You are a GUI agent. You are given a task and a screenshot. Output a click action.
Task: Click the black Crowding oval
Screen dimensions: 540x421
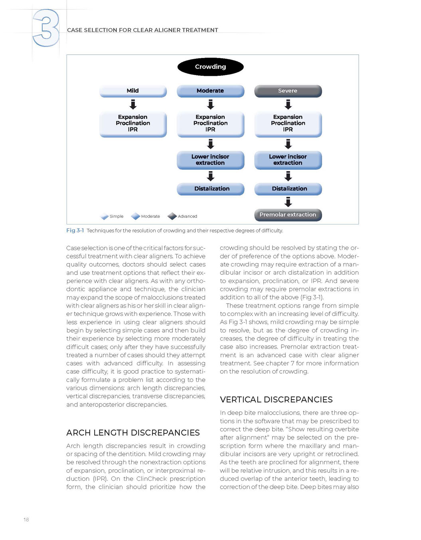pyautogui.click(x=210, y=67)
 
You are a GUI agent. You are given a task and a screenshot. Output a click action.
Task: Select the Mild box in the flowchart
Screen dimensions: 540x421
pyautogui.click(x=133, y=91)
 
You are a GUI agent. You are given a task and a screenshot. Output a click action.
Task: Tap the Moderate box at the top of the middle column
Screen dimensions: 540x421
pyautogui.click(x=210, y=91)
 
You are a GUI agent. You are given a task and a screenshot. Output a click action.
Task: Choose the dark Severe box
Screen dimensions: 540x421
pyautogui.click(x=288, y=91)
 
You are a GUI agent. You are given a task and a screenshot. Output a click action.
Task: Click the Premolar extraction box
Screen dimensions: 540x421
pyautogui.click(x=288, y=215)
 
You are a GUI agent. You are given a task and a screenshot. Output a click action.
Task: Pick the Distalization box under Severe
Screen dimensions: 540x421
pyautogui.click(x=288, y=189)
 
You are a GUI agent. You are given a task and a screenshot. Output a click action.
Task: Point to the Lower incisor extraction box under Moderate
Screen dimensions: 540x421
pyautogui.click(x=210, y=160)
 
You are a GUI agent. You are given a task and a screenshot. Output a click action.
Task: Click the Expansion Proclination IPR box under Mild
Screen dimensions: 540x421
pyautogui.click(x=133, y=123)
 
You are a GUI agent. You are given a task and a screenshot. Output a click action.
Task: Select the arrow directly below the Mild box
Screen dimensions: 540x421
pyautogui.click(x=133, y=105)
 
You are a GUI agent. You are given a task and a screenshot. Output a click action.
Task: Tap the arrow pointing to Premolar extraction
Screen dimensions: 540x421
pyautogui.click(x=288, y=202)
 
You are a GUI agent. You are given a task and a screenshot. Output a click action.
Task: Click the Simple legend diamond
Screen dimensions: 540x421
pyautogui.click(x=105, y=216)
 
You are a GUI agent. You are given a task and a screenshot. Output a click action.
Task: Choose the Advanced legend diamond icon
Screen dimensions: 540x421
pyautogui.click(x=172, y=216)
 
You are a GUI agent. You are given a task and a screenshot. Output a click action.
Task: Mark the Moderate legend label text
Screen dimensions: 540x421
pyautogui.click(x=150, y=216)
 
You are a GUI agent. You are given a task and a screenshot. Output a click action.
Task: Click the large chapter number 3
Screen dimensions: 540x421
pyautogui.click(x=46, y=28)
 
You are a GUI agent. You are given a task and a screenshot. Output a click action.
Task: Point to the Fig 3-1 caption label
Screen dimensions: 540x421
pyautogui.click(x=75, y=230)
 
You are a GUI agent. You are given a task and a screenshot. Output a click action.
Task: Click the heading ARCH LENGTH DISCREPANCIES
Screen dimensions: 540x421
pyautogui.click(x=133, y=433)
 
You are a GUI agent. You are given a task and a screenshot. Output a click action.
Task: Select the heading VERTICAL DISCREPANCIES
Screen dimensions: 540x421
pyautogui.click(x=276, y=400)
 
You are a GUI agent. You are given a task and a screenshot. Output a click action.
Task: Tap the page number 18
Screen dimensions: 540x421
pyautogui.click(x=26, y=520)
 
